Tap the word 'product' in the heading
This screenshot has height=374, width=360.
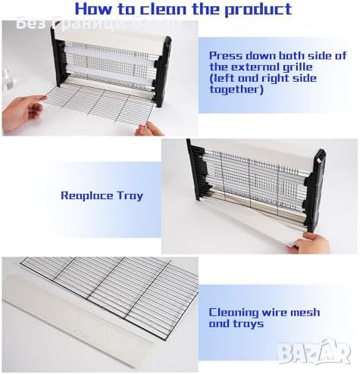[258, 10]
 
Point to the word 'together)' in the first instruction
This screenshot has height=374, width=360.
[236, 89]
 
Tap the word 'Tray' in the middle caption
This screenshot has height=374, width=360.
[130, 196]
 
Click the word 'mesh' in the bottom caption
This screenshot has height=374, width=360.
[305, 313]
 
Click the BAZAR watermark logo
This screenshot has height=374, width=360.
[314, 351]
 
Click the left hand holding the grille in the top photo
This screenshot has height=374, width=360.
[22, 113]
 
